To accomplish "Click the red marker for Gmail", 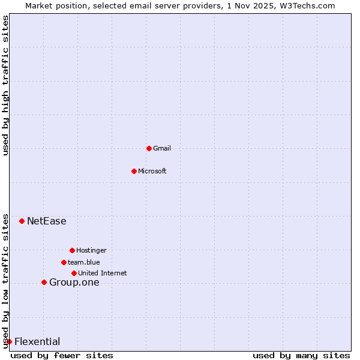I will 149,148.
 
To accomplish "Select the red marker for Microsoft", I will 134,171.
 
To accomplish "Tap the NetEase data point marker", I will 22,221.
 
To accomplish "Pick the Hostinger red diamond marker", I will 72,250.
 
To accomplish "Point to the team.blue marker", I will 64,262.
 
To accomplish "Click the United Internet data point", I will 74,273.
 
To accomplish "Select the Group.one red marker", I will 44,282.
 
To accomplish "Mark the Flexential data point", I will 9,341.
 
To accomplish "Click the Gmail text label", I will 162,148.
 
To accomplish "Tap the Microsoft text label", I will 152,171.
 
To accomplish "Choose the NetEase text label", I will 46,221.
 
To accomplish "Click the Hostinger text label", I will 91,250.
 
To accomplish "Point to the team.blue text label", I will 83,262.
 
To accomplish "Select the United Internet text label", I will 102,273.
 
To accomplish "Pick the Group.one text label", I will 74,283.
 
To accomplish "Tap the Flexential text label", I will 37,342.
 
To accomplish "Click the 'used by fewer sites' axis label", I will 62,355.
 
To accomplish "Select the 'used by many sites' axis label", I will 301,355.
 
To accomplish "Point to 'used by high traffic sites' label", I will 5,85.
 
